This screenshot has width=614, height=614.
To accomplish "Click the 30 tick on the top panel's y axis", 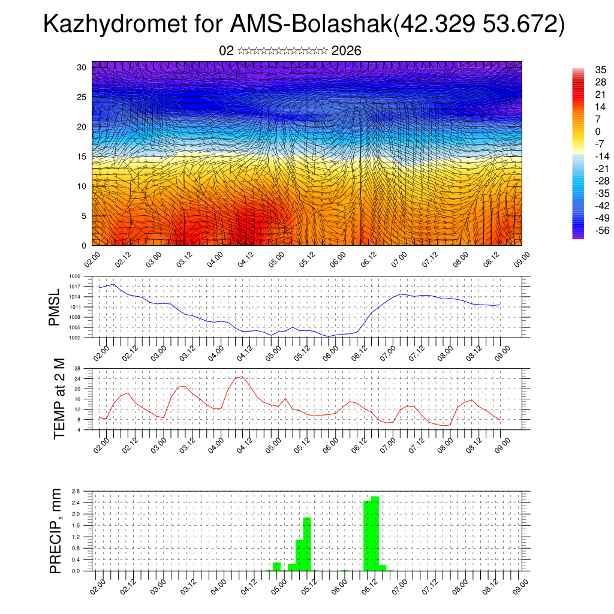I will click(82, 67).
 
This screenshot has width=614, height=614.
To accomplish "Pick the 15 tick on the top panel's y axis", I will click(82, 156).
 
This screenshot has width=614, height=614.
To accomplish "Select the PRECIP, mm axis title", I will click(56, 530).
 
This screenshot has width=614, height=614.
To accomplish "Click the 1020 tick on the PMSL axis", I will click(75, 276).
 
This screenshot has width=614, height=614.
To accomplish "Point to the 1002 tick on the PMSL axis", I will click(75, 338).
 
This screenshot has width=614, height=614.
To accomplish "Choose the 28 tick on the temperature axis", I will click(77, 368).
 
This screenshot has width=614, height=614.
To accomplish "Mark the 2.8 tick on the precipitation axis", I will click(76, 491).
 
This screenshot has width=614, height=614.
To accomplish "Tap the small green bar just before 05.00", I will click(276, 566).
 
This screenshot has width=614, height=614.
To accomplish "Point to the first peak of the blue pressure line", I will click(113, 284).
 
